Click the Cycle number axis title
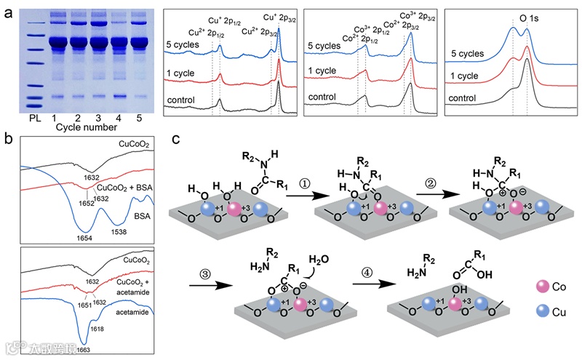point(86,127)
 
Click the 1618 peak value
point(97,329)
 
